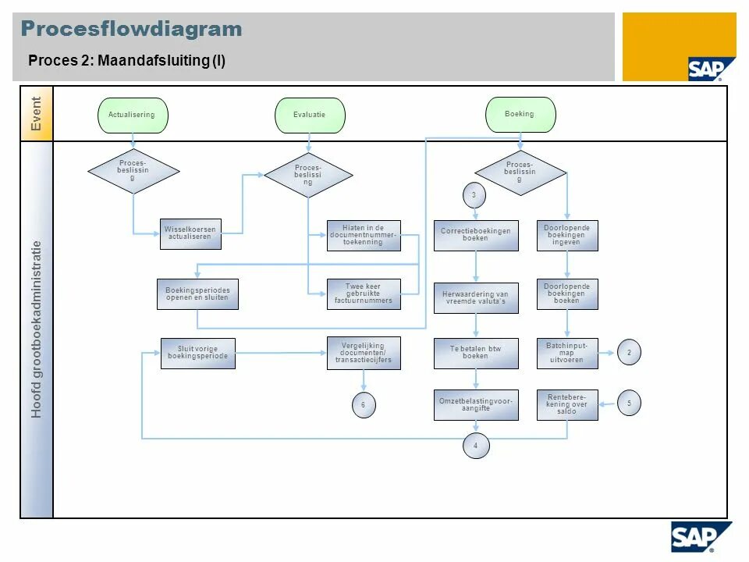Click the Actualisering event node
pos(133,115)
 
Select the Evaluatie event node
pos(310,115)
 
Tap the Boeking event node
pos(520,114)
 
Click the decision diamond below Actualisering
pos(133,171)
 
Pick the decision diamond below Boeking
pos(520,173)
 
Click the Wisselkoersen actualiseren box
pos(190,233)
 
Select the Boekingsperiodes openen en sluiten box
pos(197,294)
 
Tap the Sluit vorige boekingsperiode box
pos(197,354)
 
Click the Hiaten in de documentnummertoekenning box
pos(364,236)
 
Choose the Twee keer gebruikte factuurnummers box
pos(364,294)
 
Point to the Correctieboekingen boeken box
pos(476,235)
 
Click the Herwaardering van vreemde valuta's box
pos(476,298)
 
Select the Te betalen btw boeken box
pos(476,353)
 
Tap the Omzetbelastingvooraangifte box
pos(476,404)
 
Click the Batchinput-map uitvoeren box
pos(567,353)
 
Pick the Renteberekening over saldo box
pos(567,404)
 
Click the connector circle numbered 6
pos(363,405)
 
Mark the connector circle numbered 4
pos(476,446)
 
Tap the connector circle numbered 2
pos(629,353)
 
